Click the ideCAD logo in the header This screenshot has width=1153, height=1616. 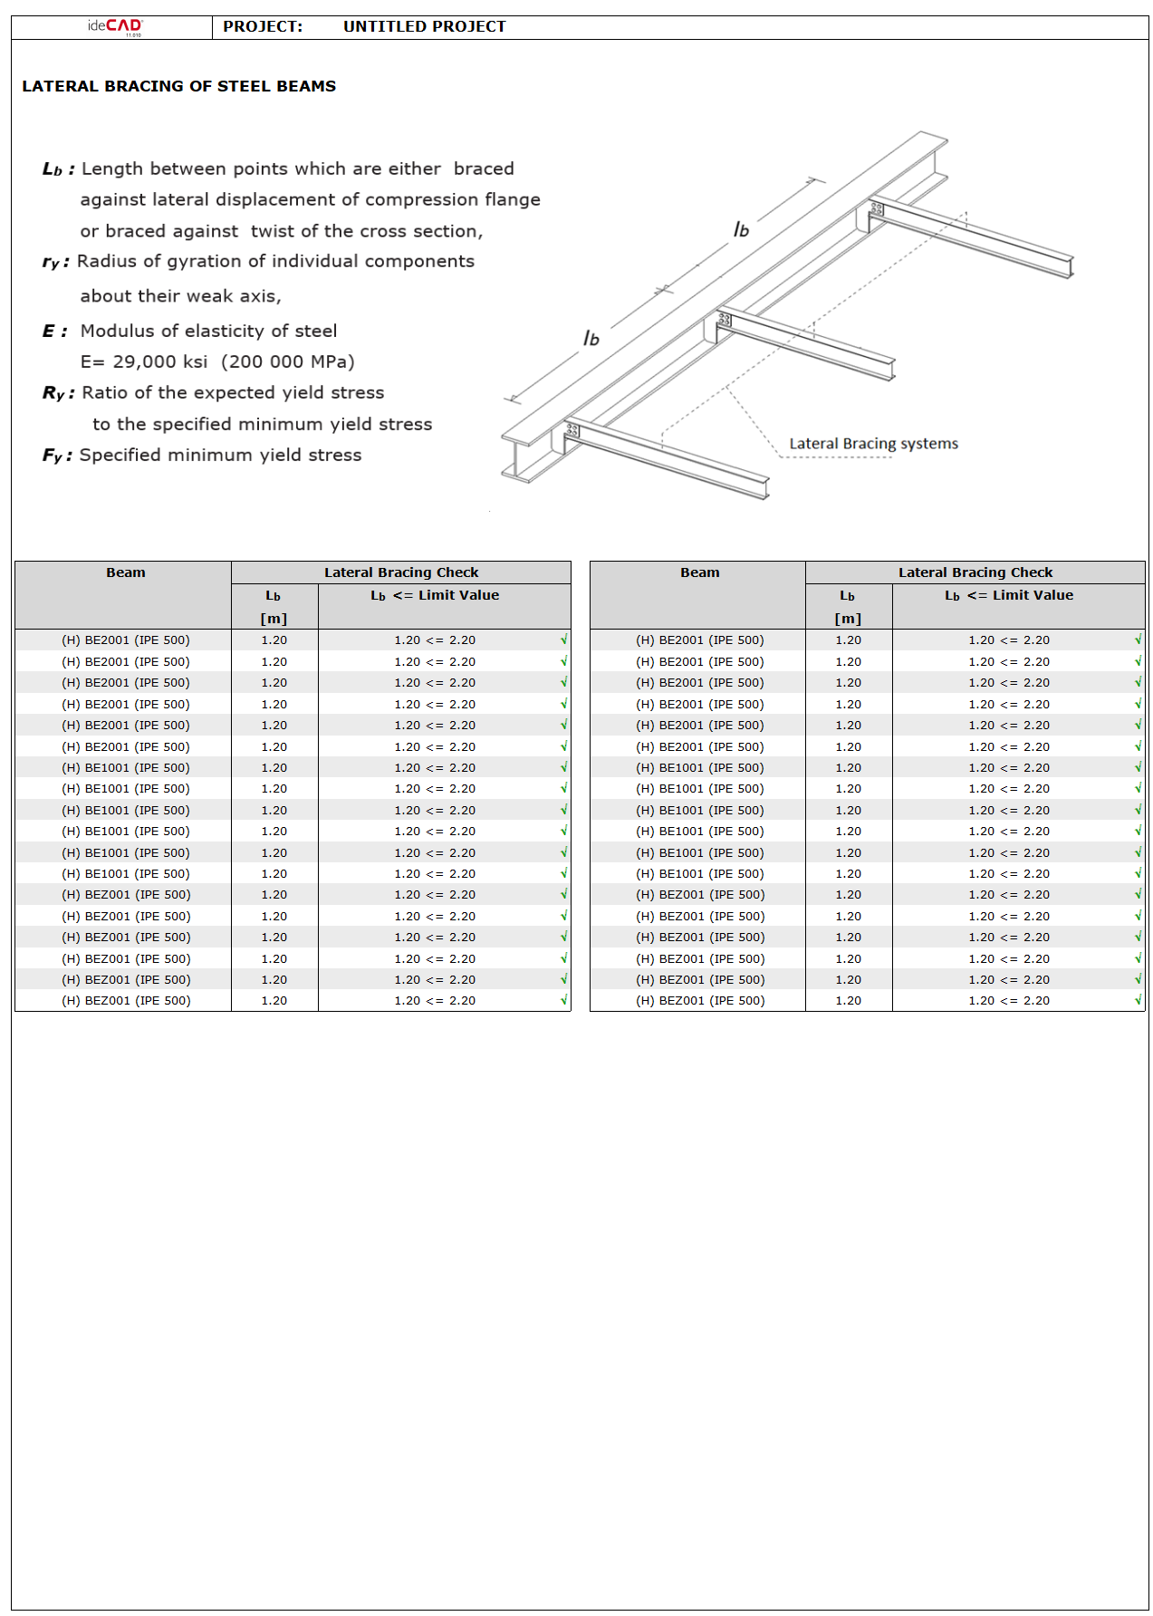(x=115, y=26)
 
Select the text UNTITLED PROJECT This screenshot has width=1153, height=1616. (x=424, y=26)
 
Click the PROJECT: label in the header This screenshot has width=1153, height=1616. (x=263, y=26)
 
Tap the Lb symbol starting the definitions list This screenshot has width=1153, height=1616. (x=53, y=169)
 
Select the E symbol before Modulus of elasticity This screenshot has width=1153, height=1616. (x=50, y=331)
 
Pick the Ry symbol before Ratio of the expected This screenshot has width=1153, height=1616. (x=53, y=393)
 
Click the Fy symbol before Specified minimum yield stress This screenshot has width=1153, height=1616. (x=53, y=456)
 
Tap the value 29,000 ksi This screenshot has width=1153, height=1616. (x=159, y=361)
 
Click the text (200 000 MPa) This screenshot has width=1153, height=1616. (x=288, y=361)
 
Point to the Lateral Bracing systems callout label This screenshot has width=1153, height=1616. (x=873, y=443)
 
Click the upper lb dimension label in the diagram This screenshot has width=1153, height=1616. (x=741, y=229)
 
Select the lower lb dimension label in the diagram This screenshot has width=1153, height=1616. (x=591, y=338)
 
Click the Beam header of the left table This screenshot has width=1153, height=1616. (x=125, y=572)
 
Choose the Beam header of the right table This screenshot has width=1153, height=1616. (x=699, y=572)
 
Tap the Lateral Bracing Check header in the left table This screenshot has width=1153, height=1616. (x=401, y=572)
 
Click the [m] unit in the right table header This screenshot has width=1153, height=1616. (x=848, y=619)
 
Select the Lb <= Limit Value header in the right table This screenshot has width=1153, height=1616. (x=1009, y=595)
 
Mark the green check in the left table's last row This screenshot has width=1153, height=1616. (x=563, y=1000)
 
